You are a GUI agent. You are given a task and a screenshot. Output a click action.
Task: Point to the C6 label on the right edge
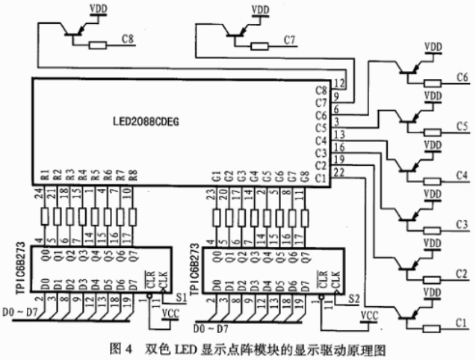(x=462, y=77)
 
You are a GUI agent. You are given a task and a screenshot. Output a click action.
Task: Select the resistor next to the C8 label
(x=99, y=44)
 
